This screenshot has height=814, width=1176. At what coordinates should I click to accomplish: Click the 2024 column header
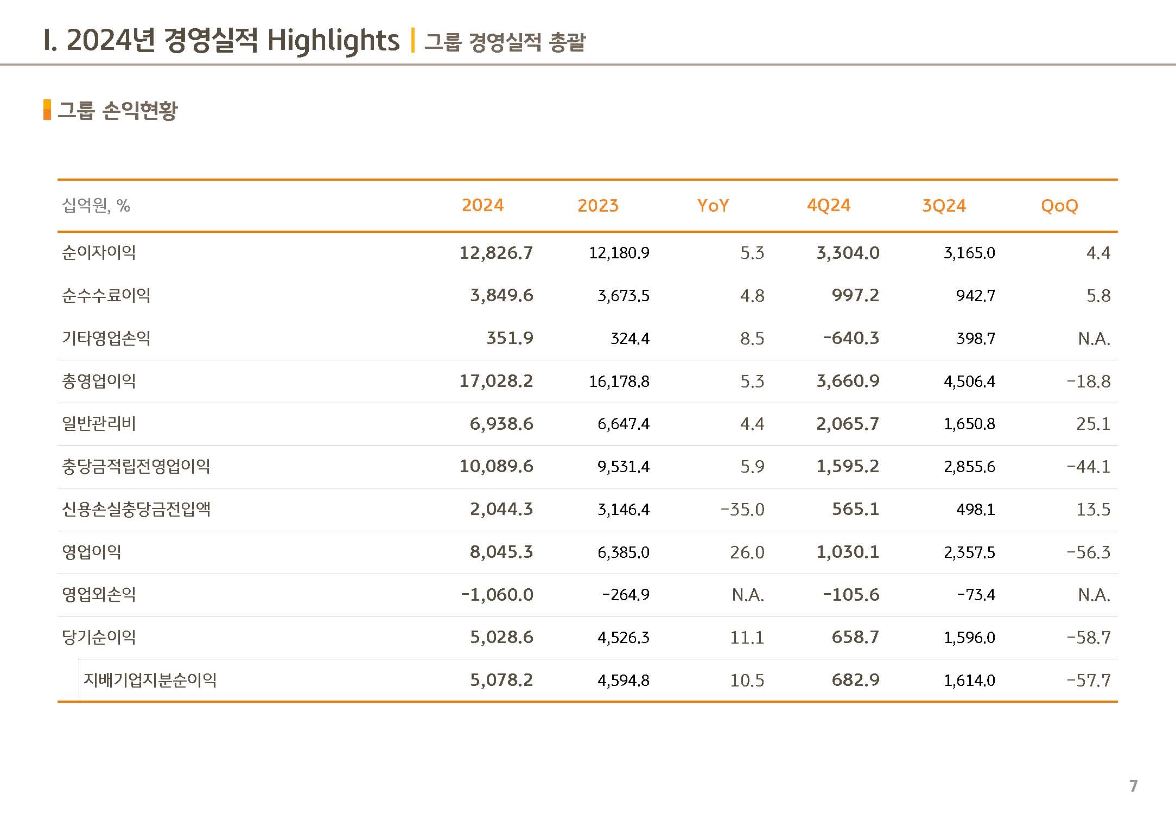482,205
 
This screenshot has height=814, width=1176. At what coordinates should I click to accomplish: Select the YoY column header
713,205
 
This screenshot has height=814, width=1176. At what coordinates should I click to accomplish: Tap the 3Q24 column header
944,205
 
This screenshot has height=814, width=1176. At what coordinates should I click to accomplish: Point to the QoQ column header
1059,206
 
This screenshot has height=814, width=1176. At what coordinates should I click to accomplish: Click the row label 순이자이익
99,252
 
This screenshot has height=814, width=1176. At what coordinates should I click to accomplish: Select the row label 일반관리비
99,423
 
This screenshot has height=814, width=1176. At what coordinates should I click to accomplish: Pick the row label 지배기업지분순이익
150,680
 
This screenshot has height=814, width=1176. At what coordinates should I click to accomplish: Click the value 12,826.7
496,253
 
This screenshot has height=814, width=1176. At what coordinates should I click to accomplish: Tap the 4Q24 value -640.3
851,338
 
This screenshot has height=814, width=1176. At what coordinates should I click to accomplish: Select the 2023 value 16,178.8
619,381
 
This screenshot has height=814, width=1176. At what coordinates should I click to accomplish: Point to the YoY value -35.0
742,510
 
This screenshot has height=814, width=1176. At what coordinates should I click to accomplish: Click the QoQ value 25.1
1094,424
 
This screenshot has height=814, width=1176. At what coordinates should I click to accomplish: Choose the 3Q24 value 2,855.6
969,467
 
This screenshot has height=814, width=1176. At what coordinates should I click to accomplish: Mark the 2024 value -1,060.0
497,595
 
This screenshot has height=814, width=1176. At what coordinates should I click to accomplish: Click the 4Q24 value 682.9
855,680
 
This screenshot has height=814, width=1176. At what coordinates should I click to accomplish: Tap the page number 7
1133,786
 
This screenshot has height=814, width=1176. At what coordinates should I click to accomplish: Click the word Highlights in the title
333,41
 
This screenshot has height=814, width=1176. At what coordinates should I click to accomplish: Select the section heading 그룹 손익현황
118,110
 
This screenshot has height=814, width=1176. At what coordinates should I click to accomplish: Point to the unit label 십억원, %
96,206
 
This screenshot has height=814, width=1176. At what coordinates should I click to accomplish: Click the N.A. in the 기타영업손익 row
1094,339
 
